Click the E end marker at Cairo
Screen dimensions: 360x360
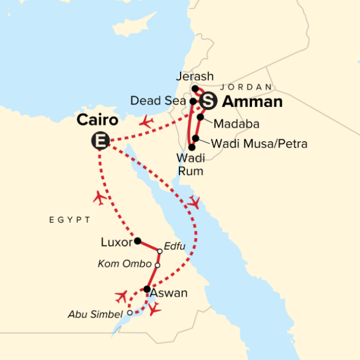[x=100, y=141]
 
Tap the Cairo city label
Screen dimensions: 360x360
[x=97, y=120]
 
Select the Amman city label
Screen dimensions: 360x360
[x=253, y=102]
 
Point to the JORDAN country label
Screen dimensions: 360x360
[x=245, y=87]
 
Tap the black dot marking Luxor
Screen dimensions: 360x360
[x=137, y=241]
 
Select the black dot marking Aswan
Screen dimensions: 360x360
[x=147, y=289]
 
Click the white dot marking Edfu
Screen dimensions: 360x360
[x=160, y=251]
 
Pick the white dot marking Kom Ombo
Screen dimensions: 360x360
[x=157, y=265]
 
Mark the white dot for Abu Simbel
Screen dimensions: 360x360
[x=130, y=312]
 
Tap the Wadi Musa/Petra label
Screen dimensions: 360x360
[x=259, y=144]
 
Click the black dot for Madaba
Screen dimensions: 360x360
[x=200, y=117]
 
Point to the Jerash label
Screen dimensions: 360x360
[x=195, y=76]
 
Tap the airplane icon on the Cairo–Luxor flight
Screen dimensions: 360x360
[x=100, y=197]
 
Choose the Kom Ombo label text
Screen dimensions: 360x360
[x=125, y=264]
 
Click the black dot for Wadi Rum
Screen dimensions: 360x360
[x=192, y=147]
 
